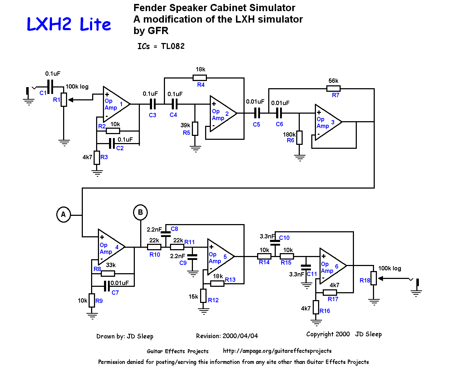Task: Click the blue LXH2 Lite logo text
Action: pyautogui.click(x=68, y=24)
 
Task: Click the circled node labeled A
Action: pyautogui.click(x=63, y=214)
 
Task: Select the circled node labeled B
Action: pyautogui.click(x=140, y=212)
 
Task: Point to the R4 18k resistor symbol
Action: pyautogui.click(x=200, y=78)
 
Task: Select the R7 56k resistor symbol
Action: pyautogui.click(x=334, y=89)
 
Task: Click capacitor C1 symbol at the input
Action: pyautogui.click(x=50, y=87)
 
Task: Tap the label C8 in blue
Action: pyautogui.click(x=174, y=229)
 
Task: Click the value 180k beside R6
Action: pyautogui.click(x=289, y=134)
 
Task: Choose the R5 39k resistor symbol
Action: pyautogui.click(x=195, y=129)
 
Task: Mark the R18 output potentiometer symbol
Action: pyautogui.click(x=374, y=278)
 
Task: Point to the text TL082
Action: pyautogui.click(x=172, y=46)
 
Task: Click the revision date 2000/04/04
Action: pyautogui.click(x=240, y=336)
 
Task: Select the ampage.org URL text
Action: pyautogui.click(x=277, y=351)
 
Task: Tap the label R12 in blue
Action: pyautogui.click(x=213, y=300)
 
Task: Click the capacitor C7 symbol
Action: pyautogui.click(x=107, y=286)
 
